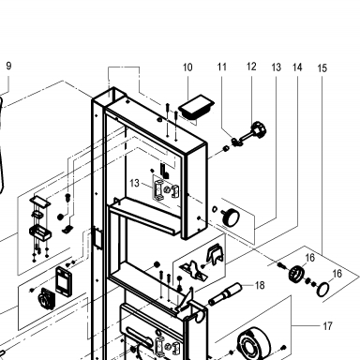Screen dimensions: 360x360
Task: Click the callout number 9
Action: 8,66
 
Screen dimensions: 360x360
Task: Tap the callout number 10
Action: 187,67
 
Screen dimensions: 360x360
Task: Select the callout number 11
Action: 221,67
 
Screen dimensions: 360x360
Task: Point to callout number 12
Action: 251,67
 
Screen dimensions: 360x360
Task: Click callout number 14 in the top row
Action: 297,67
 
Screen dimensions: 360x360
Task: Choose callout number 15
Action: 322,68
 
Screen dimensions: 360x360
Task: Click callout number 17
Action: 327,326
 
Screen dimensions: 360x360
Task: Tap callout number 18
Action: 260,285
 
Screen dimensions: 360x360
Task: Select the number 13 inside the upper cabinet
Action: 134,183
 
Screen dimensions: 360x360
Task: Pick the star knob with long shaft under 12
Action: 251,134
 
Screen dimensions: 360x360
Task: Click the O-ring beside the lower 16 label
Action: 322,289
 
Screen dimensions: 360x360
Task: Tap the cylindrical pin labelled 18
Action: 225,294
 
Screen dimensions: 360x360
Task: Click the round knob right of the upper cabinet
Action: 231,217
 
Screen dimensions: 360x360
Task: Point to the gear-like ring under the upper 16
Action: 297,274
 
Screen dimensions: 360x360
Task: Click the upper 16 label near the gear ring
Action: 309,258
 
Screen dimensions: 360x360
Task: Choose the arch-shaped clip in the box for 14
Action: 216,254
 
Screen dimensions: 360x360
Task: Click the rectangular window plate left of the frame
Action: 64,280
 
